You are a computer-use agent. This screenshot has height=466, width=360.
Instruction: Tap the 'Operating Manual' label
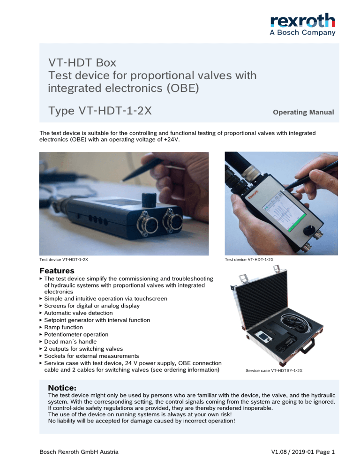coord(303,113)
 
